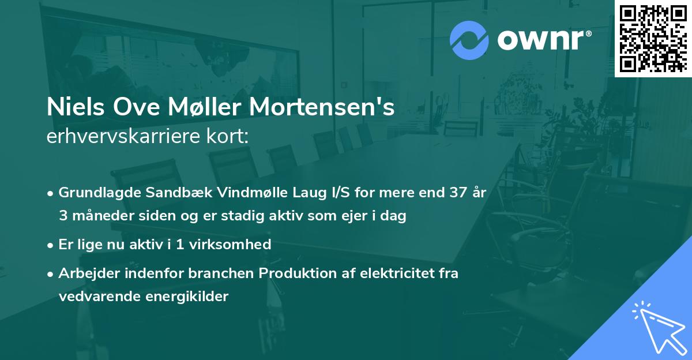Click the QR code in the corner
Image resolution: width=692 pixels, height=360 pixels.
[x=653, y=37]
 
